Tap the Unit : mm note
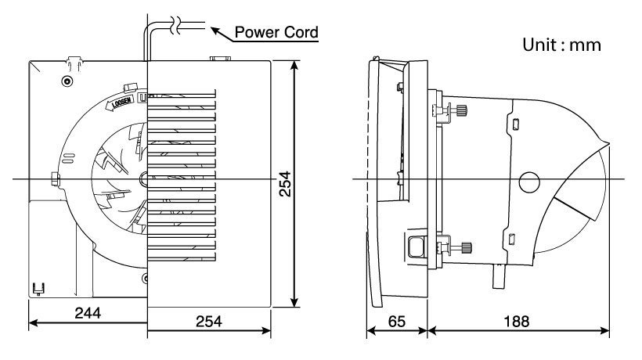tap(561, 45)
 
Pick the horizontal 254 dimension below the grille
tap(209, 321)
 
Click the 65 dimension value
tap(398, 321)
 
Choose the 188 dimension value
tap(517, 321)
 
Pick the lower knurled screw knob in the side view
tap(464, 249)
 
